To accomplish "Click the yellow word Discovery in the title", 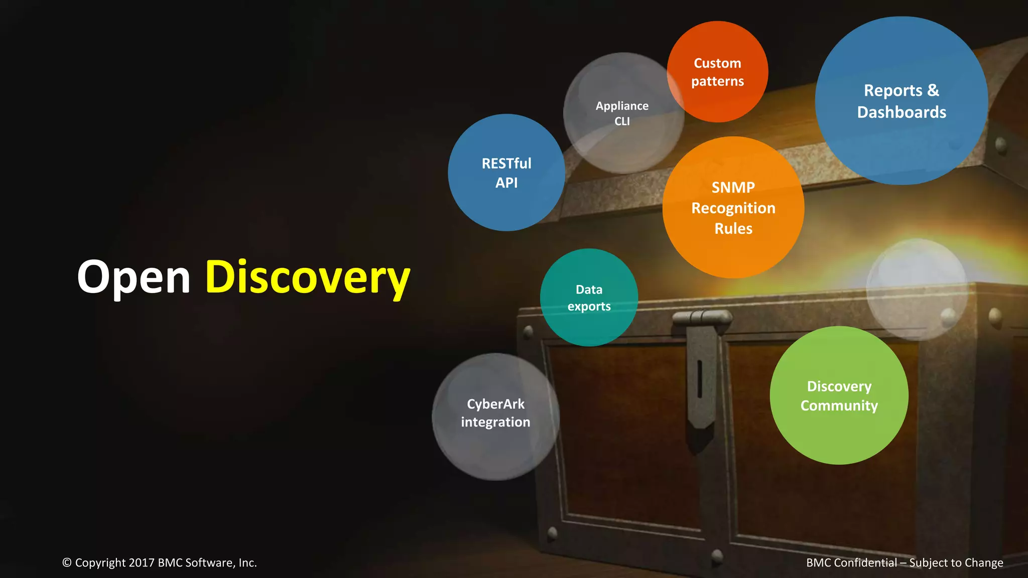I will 307,277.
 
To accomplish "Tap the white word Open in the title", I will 134,277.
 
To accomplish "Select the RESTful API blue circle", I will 506,173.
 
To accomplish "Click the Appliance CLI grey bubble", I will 622,113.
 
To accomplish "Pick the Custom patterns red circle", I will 717,72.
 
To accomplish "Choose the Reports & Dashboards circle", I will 902,101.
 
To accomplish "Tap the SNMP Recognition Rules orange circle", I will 733,207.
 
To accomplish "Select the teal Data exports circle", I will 589,298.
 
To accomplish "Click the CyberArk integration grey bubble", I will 495,416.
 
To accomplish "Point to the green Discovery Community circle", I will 839,395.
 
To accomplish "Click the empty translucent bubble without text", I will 917,289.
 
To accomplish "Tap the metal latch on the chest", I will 701,371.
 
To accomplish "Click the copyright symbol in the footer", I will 67,563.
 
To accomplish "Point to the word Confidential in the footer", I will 865,563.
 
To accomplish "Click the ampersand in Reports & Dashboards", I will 933,90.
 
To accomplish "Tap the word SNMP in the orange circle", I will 733,187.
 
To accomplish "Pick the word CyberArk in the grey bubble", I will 495,404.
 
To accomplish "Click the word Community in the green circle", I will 839,405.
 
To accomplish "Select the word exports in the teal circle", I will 589,307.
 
